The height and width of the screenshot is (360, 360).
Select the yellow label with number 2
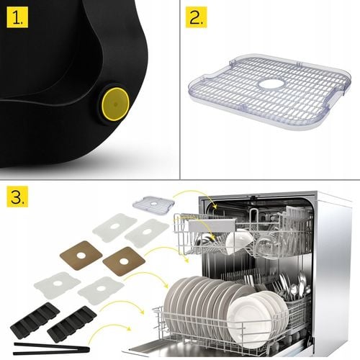click(x=196, y=17)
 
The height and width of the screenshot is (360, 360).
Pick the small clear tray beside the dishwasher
click(x=155, y=204)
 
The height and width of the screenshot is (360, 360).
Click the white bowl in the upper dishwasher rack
click(x=238, y=242)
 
